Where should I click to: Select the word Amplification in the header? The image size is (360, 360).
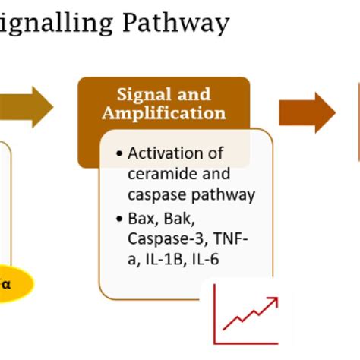[x=164, y=113]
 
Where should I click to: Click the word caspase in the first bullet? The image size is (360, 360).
[x=155, y=195]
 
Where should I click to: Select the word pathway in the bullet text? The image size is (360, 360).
[x=220, y=195]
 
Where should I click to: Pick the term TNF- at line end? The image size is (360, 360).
[x=230, y=241]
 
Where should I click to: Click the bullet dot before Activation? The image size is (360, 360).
[x=119, y=154]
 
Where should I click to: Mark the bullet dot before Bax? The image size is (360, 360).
[x=119, y=220]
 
